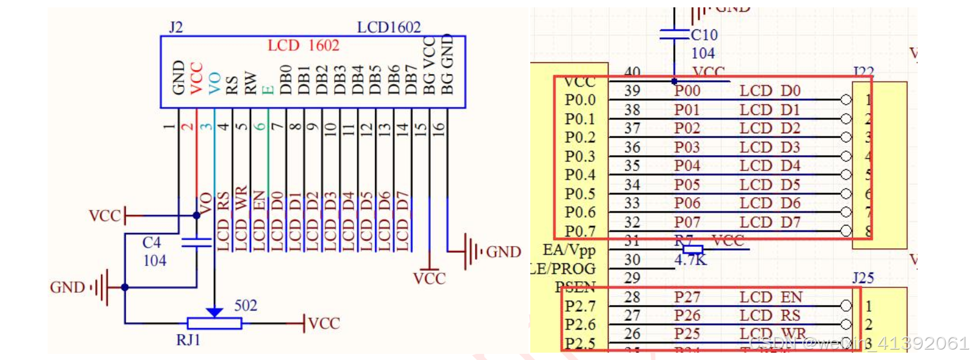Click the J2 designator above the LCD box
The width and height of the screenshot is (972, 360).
click(175, 28)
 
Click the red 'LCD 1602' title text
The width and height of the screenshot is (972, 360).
click(303, 46)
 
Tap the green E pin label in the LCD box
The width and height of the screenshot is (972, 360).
click(268, 89)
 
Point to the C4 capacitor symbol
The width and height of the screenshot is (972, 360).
click(196, 242)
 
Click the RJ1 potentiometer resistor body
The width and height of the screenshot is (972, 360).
click(214, 324)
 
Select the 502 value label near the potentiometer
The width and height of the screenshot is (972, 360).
click(246, 306)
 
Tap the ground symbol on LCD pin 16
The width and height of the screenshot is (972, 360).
click(471, 251)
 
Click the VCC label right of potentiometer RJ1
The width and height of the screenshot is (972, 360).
click(324, 323)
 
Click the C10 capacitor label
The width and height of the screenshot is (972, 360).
click(704, 35)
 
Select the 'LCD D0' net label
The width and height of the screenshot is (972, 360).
click(770, 91)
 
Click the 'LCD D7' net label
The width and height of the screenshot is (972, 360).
click(770, 222)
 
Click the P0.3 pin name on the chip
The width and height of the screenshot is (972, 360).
click(580, 156)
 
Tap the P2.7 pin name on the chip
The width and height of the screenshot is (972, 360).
click(580, 306)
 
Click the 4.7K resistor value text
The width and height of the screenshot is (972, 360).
click(690, 260)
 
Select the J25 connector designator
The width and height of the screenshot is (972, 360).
click(863, 278)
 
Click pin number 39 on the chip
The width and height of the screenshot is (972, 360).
click(632, 91)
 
